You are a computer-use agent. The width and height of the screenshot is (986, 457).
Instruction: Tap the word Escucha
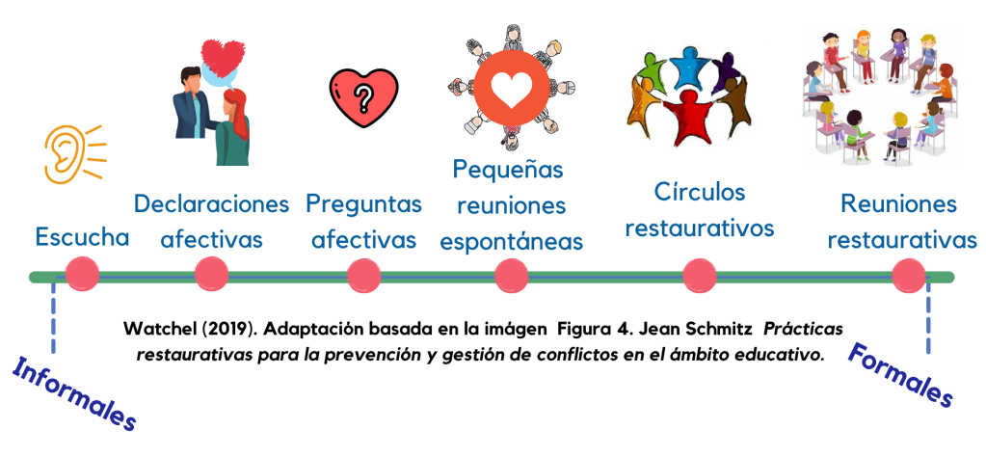tap(82, 237)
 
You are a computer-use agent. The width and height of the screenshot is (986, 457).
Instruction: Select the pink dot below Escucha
tap(82, 275)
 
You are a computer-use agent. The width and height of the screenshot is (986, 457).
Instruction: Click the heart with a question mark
tap(362, 96)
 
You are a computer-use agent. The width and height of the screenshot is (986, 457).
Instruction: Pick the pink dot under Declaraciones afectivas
tap(211, 275)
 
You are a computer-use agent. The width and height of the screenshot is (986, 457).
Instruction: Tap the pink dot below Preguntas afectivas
tap(363, 276)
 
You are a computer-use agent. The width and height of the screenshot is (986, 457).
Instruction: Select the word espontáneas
tap(511, 241)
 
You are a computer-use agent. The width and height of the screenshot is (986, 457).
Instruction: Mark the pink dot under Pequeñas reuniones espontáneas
tap(511, 276)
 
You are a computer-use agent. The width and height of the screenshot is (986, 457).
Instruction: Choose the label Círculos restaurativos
tap(699, 210)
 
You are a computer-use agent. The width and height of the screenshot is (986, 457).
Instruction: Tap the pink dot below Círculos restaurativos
tap(699, 276)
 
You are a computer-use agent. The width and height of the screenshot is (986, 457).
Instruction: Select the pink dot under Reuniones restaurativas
tap(908, 276)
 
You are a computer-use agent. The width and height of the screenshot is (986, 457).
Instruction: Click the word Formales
tap(900, 374)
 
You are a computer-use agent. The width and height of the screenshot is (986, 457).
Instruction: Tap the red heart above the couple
tap(224, 58)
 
